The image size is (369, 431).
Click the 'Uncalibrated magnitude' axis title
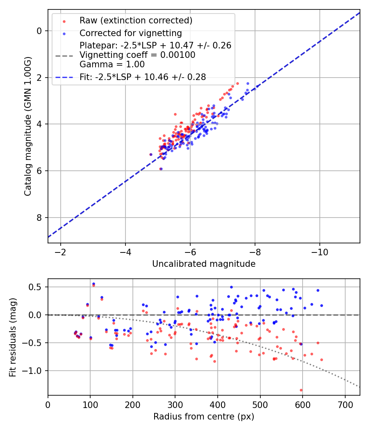coord(204,264)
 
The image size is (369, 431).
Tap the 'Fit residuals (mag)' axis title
coord(13,337)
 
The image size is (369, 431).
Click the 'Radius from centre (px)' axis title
coord(204,417)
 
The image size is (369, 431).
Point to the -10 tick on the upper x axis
coord(320,252)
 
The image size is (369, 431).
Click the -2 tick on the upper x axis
coord(61,252)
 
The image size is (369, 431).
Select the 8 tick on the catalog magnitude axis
coord(39,218)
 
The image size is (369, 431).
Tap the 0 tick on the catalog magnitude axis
coord(39,31)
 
